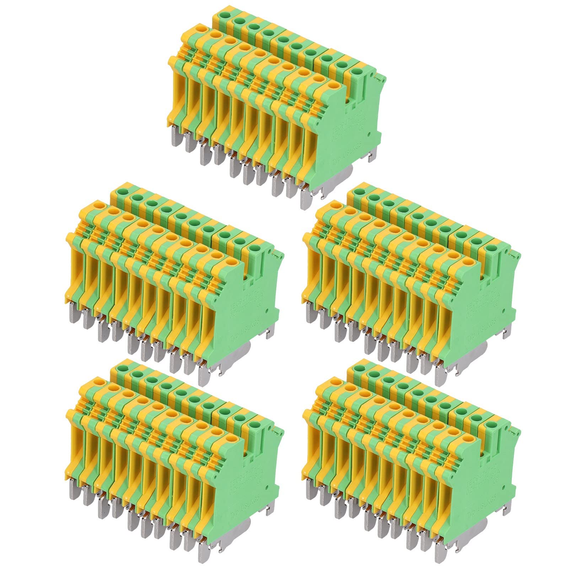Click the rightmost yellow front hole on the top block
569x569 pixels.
pyautogui.click(x=333, y=86)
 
